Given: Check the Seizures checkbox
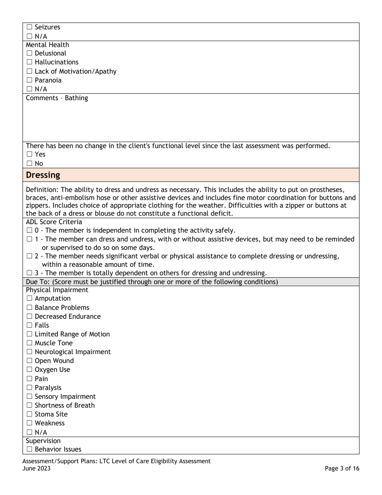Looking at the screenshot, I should coord(29,27).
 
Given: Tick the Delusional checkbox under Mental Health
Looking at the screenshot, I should coord(29,54).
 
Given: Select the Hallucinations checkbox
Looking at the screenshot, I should coord(29,62).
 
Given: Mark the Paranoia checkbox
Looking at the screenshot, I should coord(29,80).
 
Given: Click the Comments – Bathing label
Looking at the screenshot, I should coord(57,98).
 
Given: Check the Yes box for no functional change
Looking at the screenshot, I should coord(29,155).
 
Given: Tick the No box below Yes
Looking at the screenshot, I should coord(29,163).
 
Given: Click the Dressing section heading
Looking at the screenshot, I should coord(43,175).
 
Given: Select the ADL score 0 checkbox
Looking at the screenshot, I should coord(29,231).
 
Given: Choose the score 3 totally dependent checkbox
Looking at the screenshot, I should coord(29,273).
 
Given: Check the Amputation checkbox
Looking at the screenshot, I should coord(29,299).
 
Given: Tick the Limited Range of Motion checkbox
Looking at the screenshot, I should coord(29,334).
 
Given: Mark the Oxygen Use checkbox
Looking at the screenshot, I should coord(29,370).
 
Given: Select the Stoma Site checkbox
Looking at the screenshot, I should coord(29,415).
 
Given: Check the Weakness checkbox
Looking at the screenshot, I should coord(29,423).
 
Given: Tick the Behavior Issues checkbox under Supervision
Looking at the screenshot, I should coord(29,450).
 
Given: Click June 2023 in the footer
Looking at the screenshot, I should coord(37,468).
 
